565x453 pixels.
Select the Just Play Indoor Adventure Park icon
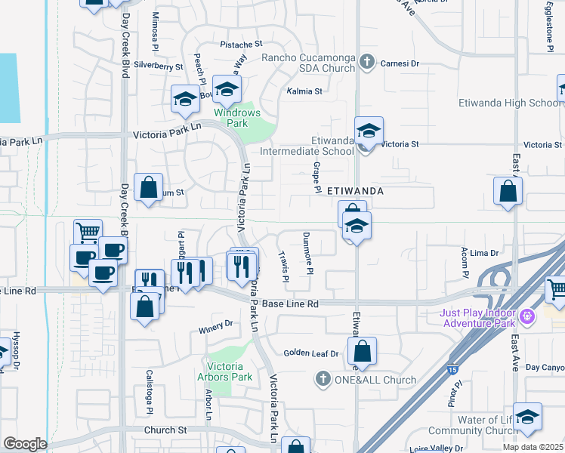click(x=527, y=313)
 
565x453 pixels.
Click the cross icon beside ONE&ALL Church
click(x=323, y=379)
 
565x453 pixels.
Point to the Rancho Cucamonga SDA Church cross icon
click(x=367, y=62)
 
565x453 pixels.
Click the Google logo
click(x=25, y=443)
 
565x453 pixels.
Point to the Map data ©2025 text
click(x=533, y=447)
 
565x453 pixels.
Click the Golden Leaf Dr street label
click(x=311, y=353)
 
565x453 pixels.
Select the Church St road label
click(x=166, y=430)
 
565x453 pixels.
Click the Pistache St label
click(x=240, y=45)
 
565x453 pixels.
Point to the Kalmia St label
click(x=304, y=91)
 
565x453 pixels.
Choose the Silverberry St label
click(x=159, y=66)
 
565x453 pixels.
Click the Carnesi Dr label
click(x=400, y=63)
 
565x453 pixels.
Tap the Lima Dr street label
click(x=485, y=254)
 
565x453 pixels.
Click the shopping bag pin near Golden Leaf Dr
click(x=363, y=350)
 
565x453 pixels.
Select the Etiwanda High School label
click(x=510, y=103)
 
